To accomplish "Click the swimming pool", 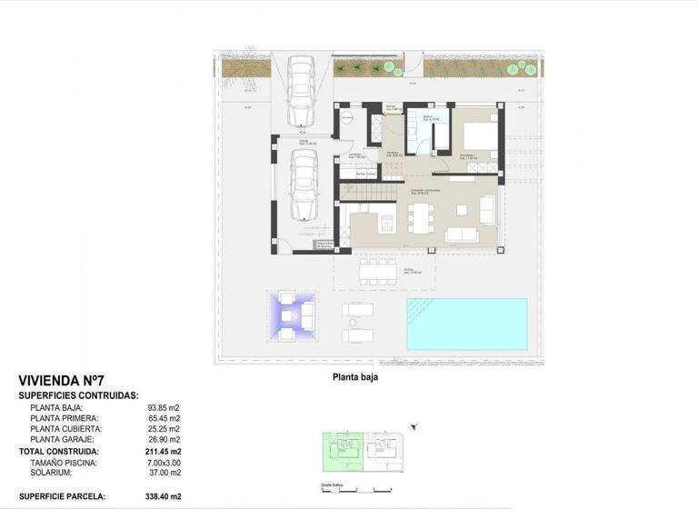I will (x=466, y=324).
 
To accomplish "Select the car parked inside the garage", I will (x=303, y=185).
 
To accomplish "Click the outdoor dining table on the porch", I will (x=377, y=270).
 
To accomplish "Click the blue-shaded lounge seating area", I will (x=293, y=315).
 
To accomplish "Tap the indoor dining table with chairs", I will (x=419, y=217).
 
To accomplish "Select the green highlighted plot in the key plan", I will (x=344, y=451).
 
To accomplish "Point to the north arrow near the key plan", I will (x=414, y=426).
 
